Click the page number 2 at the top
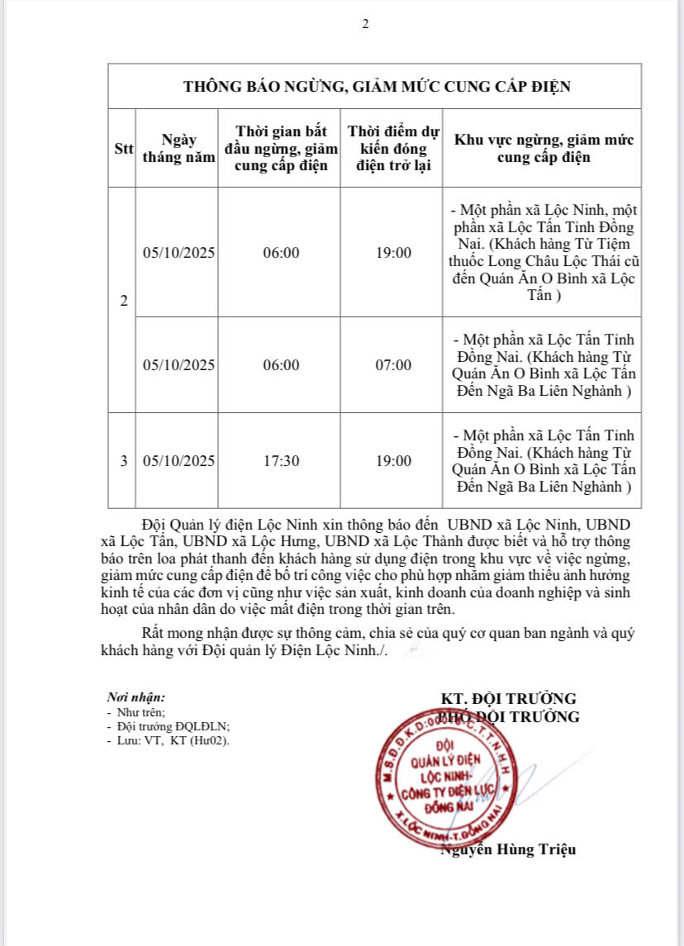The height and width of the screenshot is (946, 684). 365,24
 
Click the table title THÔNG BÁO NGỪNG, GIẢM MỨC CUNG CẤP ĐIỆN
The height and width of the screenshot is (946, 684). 376,87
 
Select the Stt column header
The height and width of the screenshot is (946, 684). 123,149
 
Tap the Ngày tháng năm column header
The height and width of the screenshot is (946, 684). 178,149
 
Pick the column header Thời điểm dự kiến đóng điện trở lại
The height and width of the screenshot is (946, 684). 393,149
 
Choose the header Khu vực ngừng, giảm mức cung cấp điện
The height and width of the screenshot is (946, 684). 544,149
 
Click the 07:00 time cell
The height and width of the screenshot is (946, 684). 393,364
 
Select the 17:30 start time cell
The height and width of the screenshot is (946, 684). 281,460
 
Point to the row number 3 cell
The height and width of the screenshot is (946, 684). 123,460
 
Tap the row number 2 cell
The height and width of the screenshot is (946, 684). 123,302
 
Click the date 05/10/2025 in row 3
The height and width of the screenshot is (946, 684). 178,460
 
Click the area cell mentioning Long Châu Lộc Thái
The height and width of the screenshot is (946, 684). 544,252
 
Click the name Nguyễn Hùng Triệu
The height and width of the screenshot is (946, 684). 508,849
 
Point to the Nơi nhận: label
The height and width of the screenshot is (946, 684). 136,698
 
